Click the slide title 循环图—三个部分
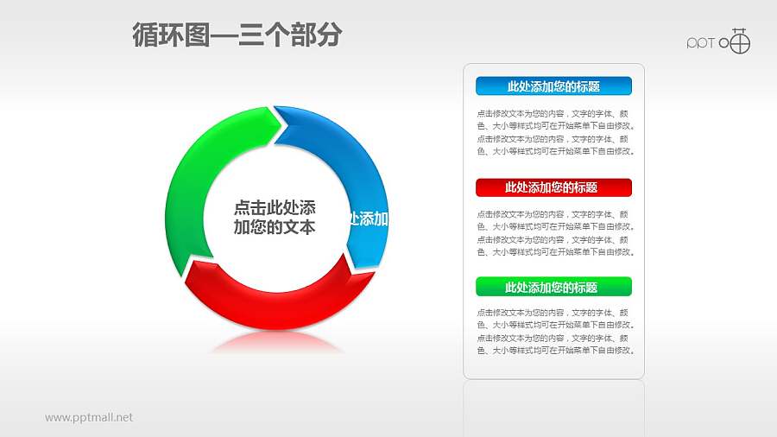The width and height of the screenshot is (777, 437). [237, 35]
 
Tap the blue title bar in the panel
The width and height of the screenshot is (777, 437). [553, 86]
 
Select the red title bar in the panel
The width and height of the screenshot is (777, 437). [553, 187]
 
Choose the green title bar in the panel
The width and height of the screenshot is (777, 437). [553, 288]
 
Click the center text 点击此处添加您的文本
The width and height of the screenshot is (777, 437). [275, 218]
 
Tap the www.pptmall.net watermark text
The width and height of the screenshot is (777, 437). [89, 417]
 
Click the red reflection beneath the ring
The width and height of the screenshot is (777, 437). [276, 341]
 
